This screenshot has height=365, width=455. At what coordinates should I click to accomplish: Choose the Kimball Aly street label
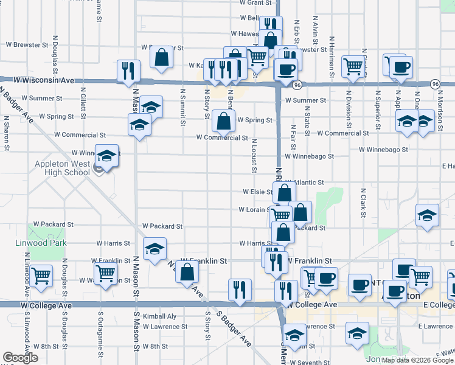[159, 316]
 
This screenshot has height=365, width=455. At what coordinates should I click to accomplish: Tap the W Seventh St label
[311, 363]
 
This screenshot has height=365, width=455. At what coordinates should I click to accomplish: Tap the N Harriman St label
[332, 58]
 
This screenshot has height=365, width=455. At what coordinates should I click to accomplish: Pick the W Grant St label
[255, 3]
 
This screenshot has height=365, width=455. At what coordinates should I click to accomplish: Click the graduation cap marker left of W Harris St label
[155, 249]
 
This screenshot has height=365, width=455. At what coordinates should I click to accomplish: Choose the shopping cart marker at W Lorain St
[280, 215]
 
